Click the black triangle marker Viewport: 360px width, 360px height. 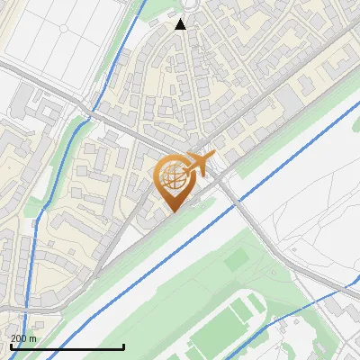click(181, 24)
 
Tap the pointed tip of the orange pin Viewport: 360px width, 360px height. click(171, 210)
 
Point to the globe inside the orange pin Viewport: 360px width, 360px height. click(171, 178)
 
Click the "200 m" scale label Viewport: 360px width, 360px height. click(23, 338)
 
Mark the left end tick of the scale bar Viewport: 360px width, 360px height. click(11, 346)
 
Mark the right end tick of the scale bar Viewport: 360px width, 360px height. click(123, 346)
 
